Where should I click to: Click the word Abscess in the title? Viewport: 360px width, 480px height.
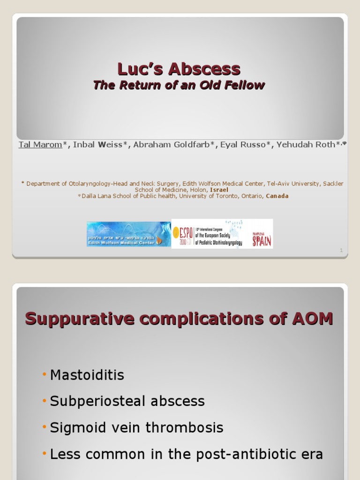[x=204, y=69]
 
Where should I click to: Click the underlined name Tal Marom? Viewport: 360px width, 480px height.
[x=40, y=144]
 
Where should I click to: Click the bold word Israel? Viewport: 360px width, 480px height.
[x=219, y=190]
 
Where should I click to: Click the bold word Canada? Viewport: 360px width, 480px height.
[x=277, y=196]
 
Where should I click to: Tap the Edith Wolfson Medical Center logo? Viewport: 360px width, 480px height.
[x=128, y=234]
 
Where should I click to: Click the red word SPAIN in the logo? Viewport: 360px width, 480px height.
[x=262, y=240]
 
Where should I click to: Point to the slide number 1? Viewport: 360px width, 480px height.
[x=341, y=251]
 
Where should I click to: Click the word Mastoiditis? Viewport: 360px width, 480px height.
[x=87, y=375]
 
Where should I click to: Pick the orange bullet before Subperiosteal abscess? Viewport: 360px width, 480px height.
[x=44, y=401]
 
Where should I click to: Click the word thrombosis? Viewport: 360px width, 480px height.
[x=188, y=427]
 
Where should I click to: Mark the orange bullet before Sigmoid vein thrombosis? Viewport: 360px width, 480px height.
[x=44, y=427]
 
